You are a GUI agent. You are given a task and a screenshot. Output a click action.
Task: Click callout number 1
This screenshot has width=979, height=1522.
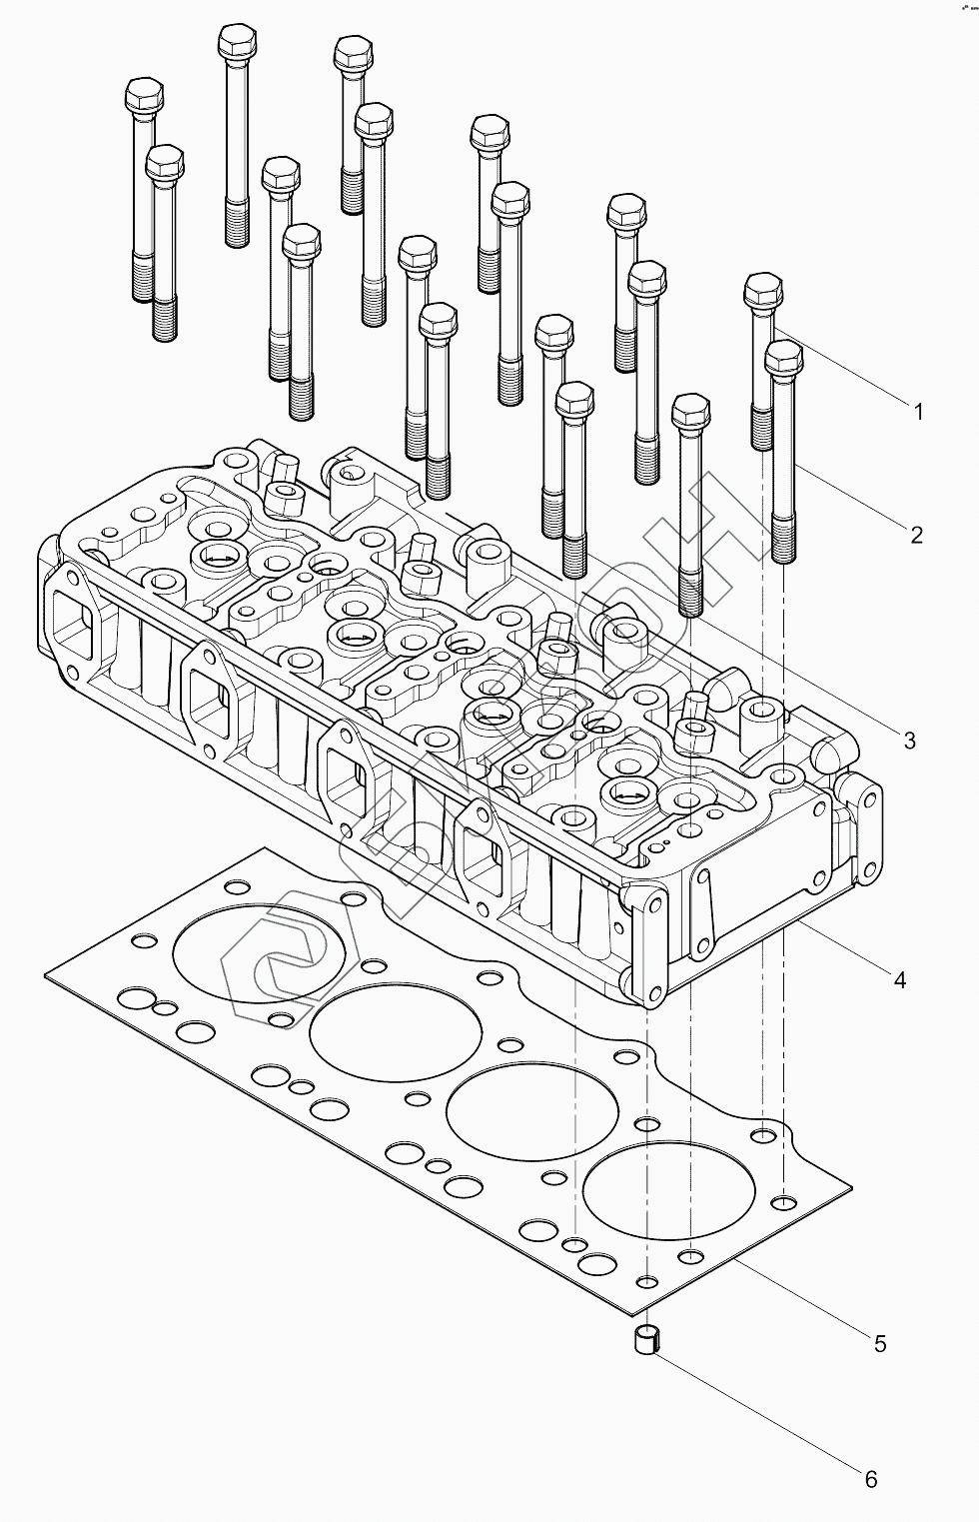coord(917,411)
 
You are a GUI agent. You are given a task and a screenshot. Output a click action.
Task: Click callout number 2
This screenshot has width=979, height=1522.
coord(916,535)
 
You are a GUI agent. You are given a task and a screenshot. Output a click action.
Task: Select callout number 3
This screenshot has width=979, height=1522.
coord(909,741)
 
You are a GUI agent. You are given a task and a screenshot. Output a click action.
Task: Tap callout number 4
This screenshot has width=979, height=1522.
coord(899,980)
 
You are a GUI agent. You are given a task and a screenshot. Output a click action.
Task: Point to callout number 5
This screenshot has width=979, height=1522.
coord(880,1344)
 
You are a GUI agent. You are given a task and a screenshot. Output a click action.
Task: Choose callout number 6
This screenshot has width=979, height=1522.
coord(870,1479)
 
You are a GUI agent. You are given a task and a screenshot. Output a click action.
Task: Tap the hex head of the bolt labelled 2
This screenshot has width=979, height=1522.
coord(783,357)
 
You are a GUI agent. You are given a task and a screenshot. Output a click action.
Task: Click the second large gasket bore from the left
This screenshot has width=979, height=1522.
coord(375,1030)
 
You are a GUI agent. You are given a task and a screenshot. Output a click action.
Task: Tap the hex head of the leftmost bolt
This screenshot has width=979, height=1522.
coord(143,96)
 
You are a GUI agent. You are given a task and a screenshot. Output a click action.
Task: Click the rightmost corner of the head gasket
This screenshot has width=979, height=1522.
coord(850,1188)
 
